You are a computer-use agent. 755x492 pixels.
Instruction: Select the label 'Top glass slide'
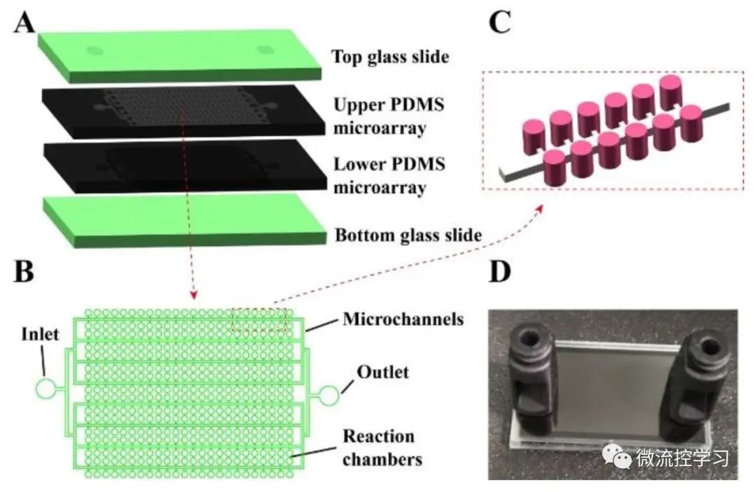click(x=389, y=57)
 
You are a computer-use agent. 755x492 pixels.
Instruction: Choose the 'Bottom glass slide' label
click(x=408, y=236)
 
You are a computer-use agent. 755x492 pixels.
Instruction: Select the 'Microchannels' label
click(x=403, y=319)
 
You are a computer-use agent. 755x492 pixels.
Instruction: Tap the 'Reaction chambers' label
click(x=382, y=448)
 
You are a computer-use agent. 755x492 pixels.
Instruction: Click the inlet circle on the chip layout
click(x=46, y=389)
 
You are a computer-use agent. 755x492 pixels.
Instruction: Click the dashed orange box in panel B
click(x=259, y=320)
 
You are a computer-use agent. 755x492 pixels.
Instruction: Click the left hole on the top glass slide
click(x=94, y=50)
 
